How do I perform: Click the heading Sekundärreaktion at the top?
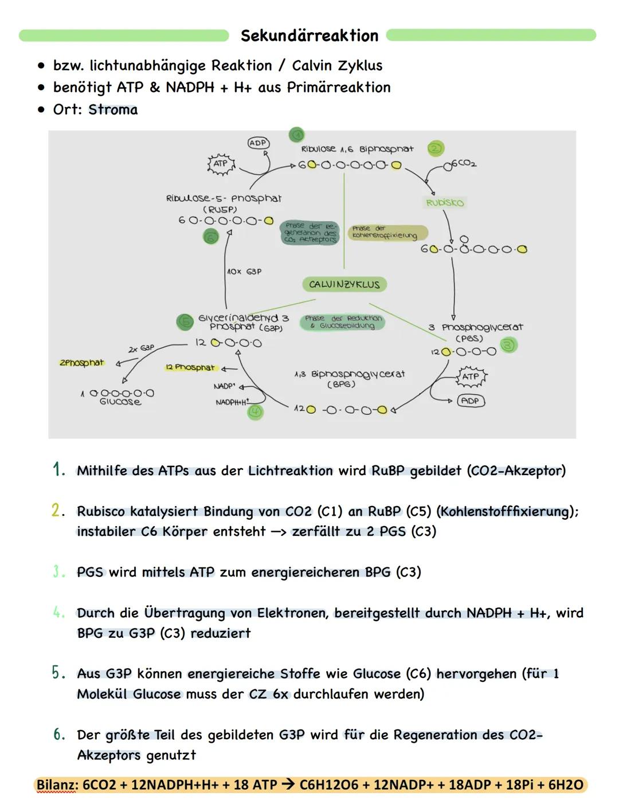pyautogui.click(x=309, y=36)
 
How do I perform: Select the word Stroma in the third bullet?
pyautogui.click(x=113, y=109)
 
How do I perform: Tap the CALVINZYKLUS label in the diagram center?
pyautogui.click(x=344, y=284)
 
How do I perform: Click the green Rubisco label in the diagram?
pyautogui.click(x=445, y=202)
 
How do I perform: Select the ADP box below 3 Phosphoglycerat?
pyautogui.click(x=470, y=401)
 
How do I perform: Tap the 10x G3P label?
pyautogui.click(x=244, y=271)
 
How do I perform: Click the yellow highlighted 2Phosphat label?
pyautogui.click(x=82, y=363)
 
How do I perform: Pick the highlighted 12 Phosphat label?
pyautogui.click(x=190, y=367)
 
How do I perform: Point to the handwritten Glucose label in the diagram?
pyautogui.click(x=120, y=402)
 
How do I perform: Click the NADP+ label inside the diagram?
pyautogui.click(x=225, y=387)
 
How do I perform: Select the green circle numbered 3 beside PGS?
pyautogui.click(x=508, y=344)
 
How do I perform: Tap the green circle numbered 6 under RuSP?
pyautogui.click(x=211, y=237)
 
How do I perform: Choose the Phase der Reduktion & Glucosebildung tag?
pyautogui.click(x=343, y=322)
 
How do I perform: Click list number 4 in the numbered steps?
pyautogui.click(x=58, y=613)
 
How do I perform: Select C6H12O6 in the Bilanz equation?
pyautogui.click(x=335, y=784)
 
